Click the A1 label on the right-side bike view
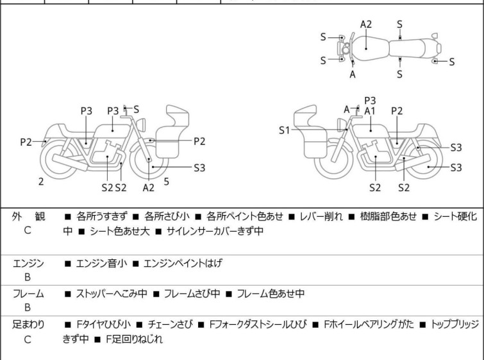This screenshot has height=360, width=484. (x=370, y=111)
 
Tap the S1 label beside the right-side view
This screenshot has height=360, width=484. (x=285, y=130)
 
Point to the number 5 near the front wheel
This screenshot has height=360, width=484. (x=167, y=182)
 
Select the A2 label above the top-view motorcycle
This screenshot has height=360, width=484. (x=366, y=24)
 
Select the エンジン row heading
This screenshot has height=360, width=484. (x=28, y=263)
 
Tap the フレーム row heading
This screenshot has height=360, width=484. (x=28, y=294)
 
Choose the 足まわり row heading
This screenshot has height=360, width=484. (x=28, y=325)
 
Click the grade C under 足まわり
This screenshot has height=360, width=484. (x=28, y=339)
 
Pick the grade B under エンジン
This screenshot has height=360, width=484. (x=28, y=278)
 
